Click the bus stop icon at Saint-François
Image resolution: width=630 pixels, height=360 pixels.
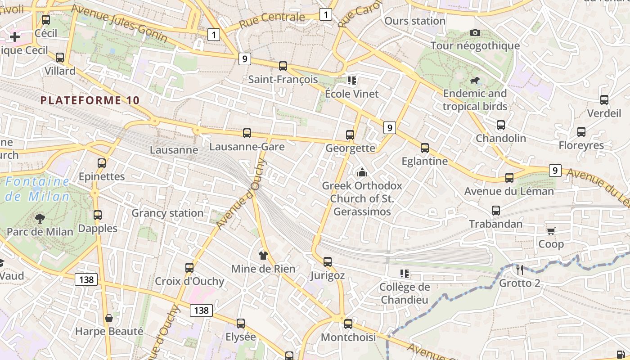tap(283, 66)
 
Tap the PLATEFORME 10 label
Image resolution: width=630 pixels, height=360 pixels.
tap(90, 100)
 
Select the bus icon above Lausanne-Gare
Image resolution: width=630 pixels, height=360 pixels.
tap(247, 133)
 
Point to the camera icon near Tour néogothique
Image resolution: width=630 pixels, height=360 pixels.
tap(475, 32)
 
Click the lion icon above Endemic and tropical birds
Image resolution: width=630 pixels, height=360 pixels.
tap(474, 81)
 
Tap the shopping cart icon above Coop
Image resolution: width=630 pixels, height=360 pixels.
tap(551, 231)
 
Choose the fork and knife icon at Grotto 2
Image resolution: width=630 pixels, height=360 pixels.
tap(519, 270)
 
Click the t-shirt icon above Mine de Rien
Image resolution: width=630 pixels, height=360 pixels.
tap(263, 256)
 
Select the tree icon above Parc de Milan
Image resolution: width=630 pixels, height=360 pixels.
tap(40, 219)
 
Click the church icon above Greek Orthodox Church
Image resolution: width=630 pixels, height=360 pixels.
tap(362, 172)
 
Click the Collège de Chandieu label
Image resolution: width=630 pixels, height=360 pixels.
tap(405, 293)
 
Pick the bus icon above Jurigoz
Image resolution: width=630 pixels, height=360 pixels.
tap(328, 262)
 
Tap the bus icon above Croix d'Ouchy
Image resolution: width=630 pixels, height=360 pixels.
tap(189, 268)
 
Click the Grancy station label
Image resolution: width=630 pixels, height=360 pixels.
tap(167, 213)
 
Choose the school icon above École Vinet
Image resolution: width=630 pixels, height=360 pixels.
tap(351, 81)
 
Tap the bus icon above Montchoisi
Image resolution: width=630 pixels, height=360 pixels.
tap(348, 324)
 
